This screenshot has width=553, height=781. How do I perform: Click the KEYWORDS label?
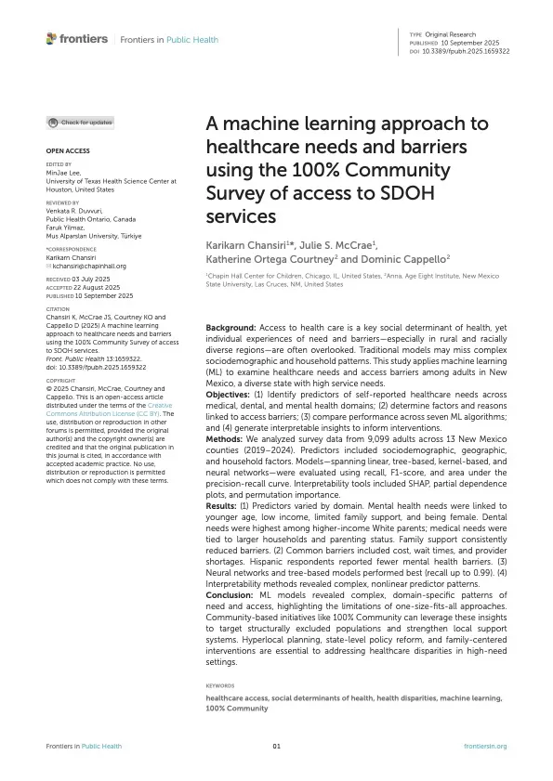(x=223, y=685)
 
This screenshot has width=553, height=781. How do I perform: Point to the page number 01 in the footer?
(x=276, y=746)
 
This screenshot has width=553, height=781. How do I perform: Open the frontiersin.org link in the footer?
(x=485, y=746)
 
